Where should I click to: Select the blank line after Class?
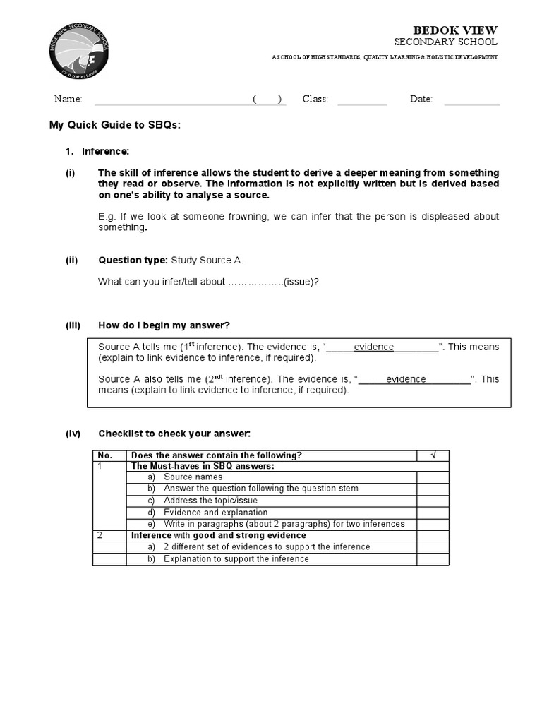[x=361, y=100]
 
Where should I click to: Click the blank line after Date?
[x=471, y=100]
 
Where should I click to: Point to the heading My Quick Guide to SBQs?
[x=115, y=125]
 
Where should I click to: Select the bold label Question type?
[x=133, y=260]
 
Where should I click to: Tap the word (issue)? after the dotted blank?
[x=301, y=282]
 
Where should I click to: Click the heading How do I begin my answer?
[x=164, y=325]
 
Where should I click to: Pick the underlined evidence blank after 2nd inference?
[x=415, y=379]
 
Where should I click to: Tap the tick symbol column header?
[x=433, y=455]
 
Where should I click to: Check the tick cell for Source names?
[x=433, y=477]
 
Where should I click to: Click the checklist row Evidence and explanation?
[x=215, y=513]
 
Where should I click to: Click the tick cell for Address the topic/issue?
[x=433, y=501]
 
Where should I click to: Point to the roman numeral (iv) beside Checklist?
[x=73, y=434]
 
